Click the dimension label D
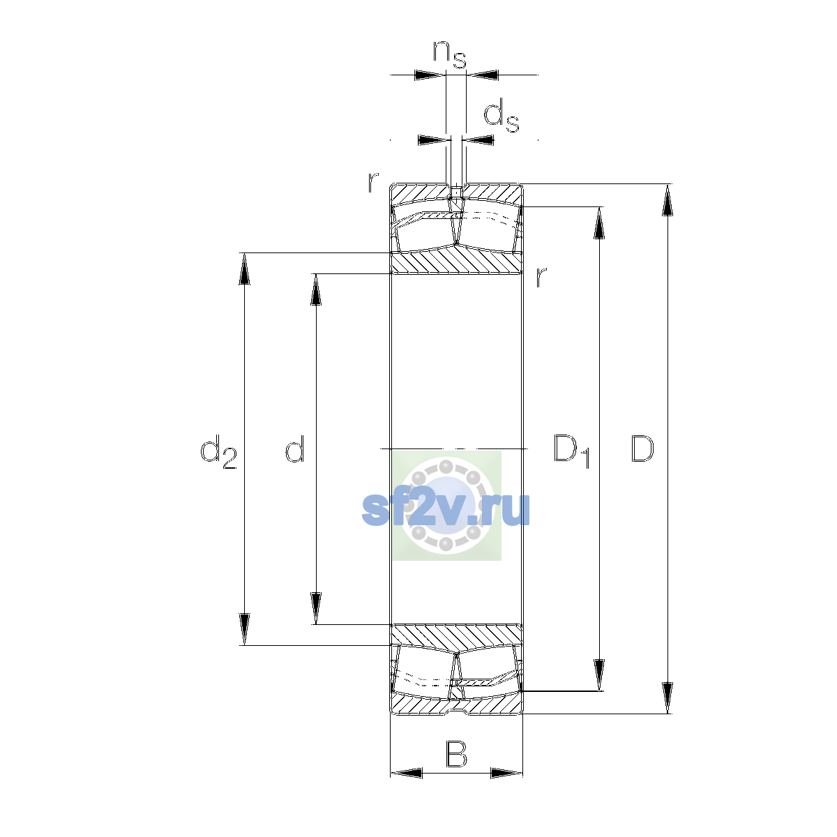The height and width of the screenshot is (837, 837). click(x=642, y=448)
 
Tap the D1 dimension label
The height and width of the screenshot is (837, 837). click(x=571, y=451)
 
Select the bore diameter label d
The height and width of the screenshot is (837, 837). click(x=295, y=448)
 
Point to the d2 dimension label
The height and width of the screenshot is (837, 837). click(x=218, y=451)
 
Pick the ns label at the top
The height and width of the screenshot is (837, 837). click(x=450, y=55)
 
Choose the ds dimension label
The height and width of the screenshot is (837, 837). click(x=502, y=115)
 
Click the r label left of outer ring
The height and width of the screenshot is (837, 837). click(x=373, y=182)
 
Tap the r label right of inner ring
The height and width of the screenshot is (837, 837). click(x=541, y=277)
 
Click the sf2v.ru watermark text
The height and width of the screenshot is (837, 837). click(x=446, y=509)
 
